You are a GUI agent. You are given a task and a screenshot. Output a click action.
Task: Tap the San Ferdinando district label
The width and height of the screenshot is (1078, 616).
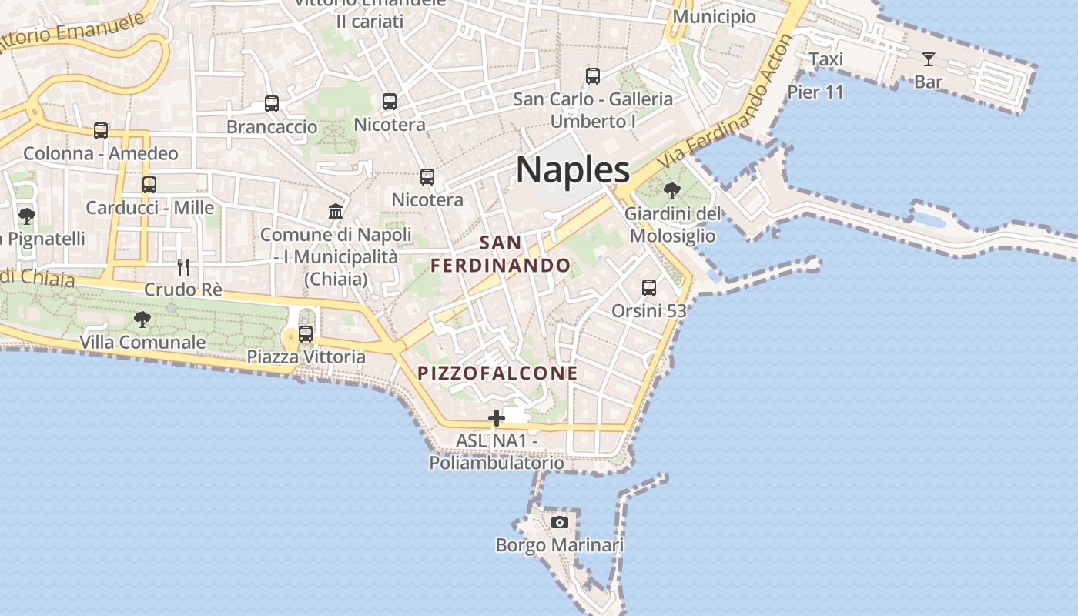pyautogui.click(x=500, y=254)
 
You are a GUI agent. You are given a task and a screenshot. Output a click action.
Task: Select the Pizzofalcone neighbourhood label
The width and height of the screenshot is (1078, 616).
pyautogui.click(x=497, y=373)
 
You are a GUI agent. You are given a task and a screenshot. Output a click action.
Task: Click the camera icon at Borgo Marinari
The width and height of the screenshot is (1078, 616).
pyautogui.click(x=560, y=523)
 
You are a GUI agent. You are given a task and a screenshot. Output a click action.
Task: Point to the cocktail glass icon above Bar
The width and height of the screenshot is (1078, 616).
pyautogui.click(x=928, y=59)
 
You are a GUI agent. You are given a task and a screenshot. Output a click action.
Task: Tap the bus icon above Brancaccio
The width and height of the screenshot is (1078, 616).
pyautogui.click(x=271, y=103)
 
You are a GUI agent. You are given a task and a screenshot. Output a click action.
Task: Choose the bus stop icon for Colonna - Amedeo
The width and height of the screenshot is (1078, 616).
pyautogui.click(x=101, y=131)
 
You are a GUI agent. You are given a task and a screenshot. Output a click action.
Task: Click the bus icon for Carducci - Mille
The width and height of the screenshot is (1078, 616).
pyautogui.click(x=149, y=185)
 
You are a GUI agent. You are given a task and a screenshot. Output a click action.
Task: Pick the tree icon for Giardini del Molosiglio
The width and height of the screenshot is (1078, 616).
pyautogui.click(x=672, y=190)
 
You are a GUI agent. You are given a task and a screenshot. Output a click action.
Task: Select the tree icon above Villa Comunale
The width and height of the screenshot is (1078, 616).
pyautogui.click(x=142, y=319)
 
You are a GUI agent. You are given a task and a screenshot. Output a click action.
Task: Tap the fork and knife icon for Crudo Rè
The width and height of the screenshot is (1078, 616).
pyautogui.click(x=183, y=267)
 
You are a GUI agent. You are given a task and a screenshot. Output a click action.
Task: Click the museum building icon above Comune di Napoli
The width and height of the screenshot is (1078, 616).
pyautogui.click(x=336, y=211)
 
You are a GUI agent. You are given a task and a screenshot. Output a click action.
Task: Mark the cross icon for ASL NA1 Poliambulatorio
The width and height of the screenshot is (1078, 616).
pyautogui.click(x=497, y=418)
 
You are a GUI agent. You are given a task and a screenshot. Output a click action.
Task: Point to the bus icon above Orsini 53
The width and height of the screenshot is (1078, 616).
pyautogui.click(x=649, y=288)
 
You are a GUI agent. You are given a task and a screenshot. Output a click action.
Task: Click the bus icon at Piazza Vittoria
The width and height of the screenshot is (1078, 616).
pyautogui.click(x=306, y=334)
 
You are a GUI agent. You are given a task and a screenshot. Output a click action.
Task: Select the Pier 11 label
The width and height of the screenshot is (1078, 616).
pyautogui.click(x=815, y=92)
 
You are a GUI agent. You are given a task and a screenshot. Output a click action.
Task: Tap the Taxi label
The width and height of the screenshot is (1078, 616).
pyautogui.click(x=825, y=59)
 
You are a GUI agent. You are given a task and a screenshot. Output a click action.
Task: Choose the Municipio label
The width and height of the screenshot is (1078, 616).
pyautogui.click(x=714, y=17)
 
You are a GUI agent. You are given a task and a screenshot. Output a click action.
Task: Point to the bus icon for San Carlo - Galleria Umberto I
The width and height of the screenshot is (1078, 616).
pyautogui.click(x=593, y=76)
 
